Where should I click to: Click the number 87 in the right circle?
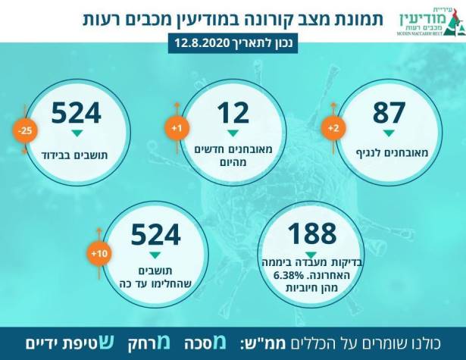point(389,112)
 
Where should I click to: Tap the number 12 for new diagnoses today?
point(233,112)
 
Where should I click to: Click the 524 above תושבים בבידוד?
point(76,112)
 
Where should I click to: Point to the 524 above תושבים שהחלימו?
point(155,234)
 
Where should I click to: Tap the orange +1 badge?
point(176,129)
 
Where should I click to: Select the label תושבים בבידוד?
point(76,154)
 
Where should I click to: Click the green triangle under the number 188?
point(311,255)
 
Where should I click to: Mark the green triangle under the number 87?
point(389,133)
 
